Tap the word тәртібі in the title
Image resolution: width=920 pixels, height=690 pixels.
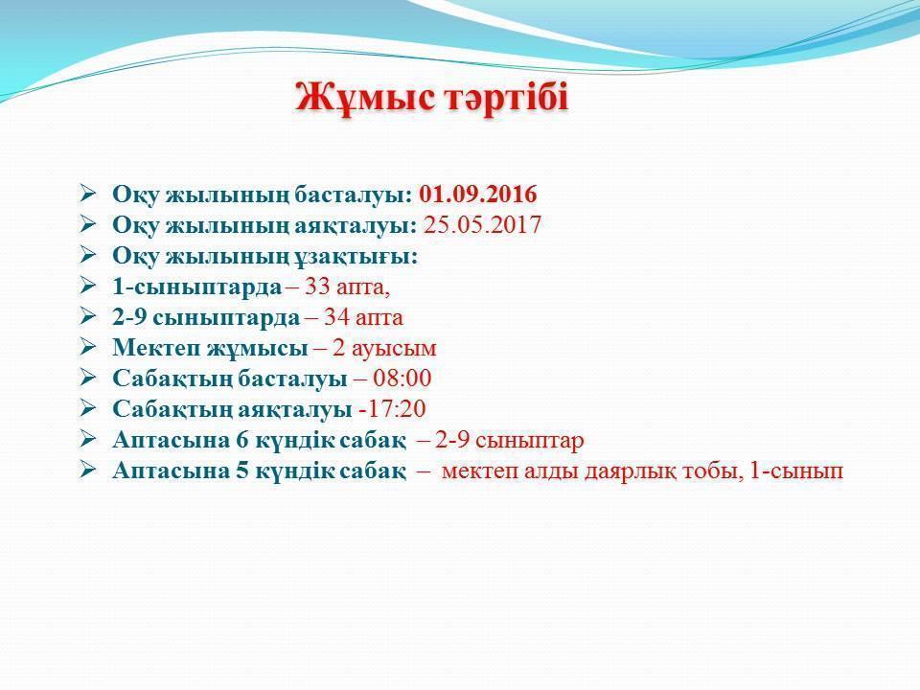504,99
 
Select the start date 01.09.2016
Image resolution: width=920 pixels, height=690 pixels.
478,195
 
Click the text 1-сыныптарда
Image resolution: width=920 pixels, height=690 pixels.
196,287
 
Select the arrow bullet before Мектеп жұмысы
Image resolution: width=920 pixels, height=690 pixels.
88,348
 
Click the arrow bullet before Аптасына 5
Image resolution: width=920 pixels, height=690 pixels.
88,471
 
